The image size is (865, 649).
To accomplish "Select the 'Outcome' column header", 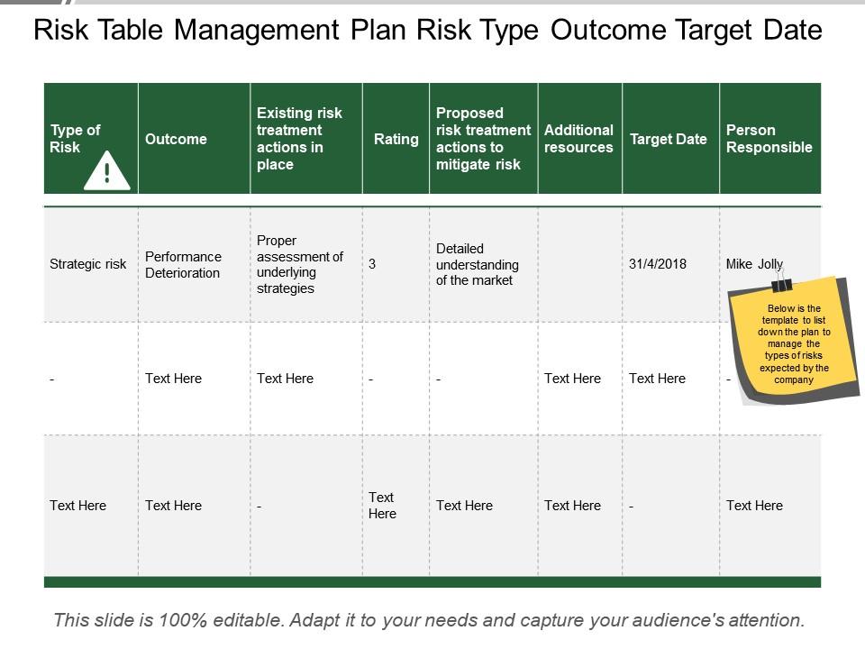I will (176, 139).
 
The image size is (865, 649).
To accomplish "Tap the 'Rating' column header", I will (396, 139).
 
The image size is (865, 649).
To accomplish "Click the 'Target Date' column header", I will (669, 139).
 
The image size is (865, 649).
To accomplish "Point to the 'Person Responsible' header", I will (769, 139).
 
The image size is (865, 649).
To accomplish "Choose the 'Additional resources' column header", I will (578, 139).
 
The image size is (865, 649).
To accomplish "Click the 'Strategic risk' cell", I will (88, 264).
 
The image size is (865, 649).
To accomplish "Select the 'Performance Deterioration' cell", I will (183, 264).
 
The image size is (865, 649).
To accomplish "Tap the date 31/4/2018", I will (658, 264).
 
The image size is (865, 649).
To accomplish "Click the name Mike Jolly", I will (754, 264).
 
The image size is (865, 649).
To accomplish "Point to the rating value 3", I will (372, 264).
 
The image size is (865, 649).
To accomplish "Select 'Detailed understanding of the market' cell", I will (478, 264).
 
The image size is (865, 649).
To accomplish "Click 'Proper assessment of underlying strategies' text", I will (300, 264).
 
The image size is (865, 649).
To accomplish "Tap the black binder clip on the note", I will (781, 283).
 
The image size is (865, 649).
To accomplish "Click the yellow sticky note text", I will (794, 343).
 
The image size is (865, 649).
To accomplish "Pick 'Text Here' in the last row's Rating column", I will (382, 506).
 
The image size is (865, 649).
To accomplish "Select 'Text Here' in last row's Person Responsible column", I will (754, 506).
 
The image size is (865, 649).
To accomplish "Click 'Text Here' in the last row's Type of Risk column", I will (78, 506).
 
